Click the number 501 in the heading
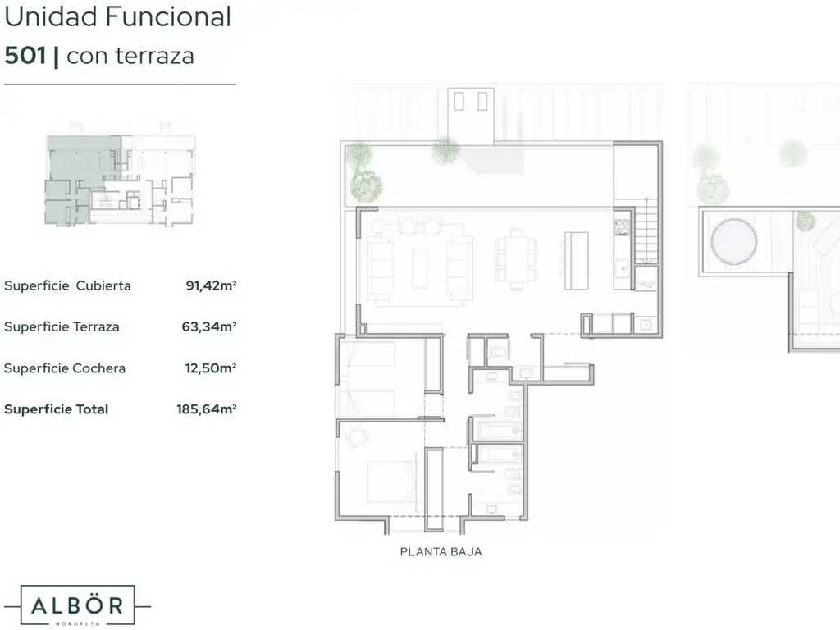pos(25,56)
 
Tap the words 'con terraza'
pos(130,56)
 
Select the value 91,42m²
pos(211,285)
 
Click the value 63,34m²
pos(209,326)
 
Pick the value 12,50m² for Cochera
pos(211,368)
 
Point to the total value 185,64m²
pos(206,409)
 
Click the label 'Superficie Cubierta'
pos(67,285)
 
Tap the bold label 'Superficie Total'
pos(57,409)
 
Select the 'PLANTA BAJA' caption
pos(441,552)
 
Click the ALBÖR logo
pos(77,605)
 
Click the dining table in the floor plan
pos(517,259)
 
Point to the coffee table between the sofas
pos(420,268)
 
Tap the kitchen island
pos(577,260)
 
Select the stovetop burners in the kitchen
pos(622,227)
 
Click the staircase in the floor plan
pos(646,231)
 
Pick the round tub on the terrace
pos(733,242)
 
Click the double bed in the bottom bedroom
pos(392,482)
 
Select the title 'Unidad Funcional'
pos(118,16)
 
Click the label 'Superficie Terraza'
pos(62,326)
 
